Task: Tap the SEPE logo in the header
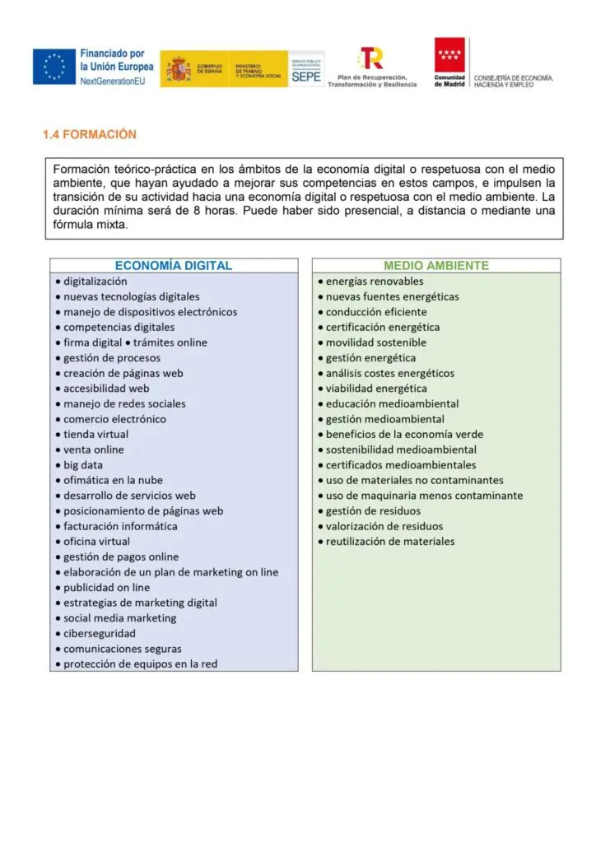(306, 69)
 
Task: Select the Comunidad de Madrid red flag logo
(449, 55)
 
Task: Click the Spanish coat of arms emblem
(176, 68)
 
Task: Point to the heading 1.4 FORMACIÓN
(90, 134)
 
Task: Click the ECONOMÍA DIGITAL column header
(173, 266)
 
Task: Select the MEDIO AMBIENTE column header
(435, 266)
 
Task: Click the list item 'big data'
(83, 465)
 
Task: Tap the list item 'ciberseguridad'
(100, 633)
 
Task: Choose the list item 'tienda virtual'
(96, 435)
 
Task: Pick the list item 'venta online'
(94, 449)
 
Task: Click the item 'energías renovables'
(375, 282)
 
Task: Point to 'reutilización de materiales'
(390, 542)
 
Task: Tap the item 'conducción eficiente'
(376, 312)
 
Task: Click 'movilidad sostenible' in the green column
(376, 342)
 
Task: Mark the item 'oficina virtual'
(96, 542)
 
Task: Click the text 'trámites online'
(170, 342)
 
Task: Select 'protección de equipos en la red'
(141, 664)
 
